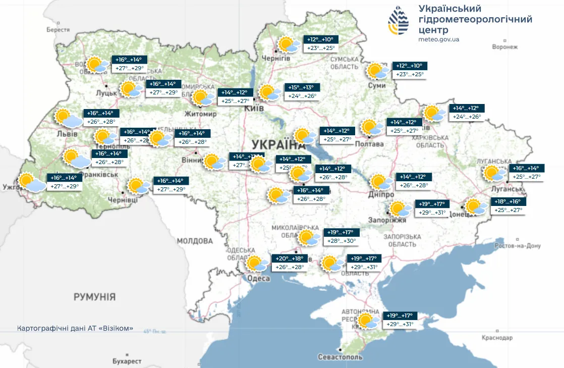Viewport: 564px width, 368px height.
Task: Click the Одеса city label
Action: [259, 279]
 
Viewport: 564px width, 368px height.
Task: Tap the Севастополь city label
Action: [341, 357]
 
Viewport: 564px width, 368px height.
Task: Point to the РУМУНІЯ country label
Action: [95, 296]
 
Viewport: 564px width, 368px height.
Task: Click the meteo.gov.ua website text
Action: [439, 39]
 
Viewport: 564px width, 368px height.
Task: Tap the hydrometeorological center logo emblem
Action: [399, 21]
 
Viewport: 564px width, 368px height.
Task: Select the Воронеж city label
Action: [504, 47]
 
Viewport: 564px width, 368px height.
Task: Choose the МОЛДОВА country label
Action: [195, 241]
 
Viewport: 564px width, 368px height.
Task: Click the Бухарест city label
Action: [127, 361]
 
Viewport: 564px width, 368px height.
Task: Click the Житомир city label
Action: [201, 114]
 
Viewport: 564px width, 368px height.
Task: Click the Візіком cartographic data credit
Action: [75, 328]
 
